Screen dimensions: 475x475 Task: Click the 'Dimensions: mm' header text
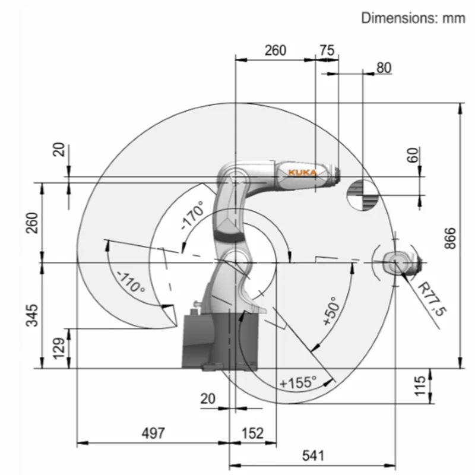coord(413,18)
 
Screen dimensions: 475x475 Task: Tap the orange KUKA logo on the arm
coord(302,173)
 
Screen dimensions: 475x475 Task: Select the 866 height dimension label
coord(450,239)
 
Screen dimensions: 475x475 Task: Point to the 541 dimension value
coord(313,455)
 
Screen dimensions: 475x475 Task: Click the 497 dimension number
coord(154,433)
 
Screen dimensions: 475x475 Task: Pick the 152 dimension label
coord(253,433)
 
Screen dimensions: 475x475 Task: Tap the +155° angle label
coord(298,382)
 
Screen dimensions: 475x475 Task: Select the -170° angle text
coord(192,215)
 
